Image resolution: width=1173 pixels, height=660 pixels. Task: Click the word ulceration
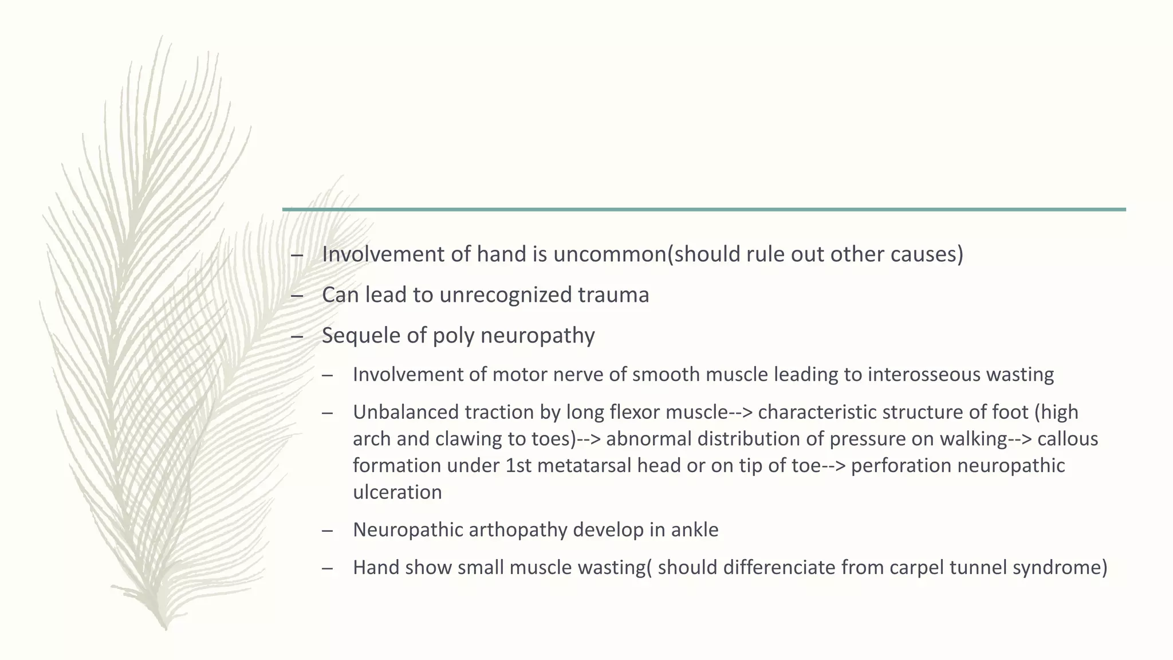pyautogui.click(x=397, y=492)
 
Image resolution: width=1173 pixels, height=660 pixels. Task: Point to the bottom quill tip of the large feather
pyautogui.click(x=166, y=628)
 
